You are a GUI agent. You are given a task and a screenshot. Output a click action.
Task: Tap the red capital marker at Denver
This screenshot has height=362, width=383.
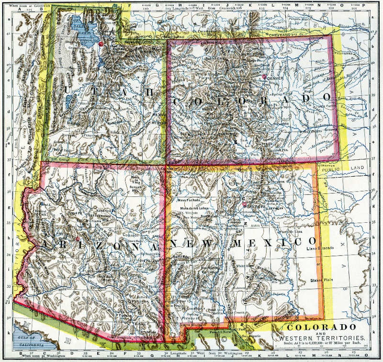(x=264, y=77)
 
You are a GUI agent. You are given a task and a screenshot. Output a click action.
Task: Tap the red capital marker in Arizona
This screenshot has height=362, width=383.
(x=78, y=238)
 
